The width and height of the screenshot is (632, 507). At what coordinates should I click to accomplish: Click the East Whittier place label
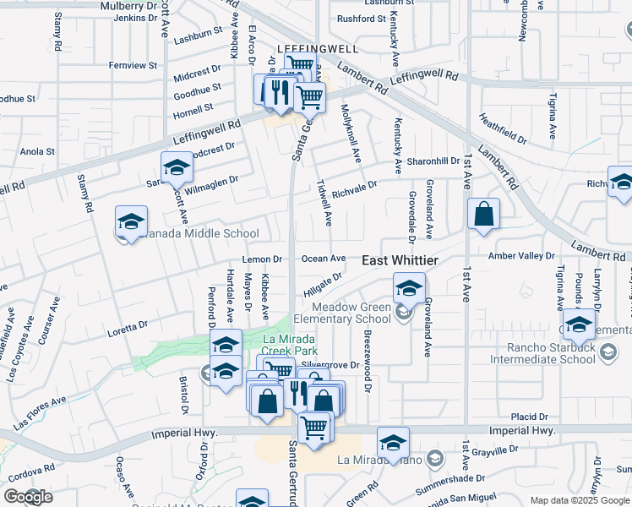tap(400, 261)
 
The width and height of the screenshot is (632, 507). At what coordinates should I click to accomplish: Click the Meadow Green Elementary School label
tap(351, 313)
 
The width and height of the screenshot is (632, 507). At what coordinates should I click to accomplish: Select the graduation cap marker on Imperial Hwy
tap(393, 443)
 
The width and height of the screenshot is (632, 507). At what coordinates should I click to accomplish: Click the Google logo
tap(29, 496)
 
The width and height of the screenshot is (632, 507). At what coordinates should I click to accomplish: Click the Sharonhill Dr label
tap(433, 161)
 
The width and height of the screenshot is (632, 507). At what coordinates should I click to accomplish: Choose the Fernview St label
tap(133, 65)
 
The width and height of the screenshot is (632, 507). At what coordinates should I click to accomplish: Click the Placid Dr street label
tap(530, 417)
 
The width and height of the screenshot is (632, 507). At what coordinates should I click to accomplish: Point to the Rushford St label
tap(362, 19)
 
